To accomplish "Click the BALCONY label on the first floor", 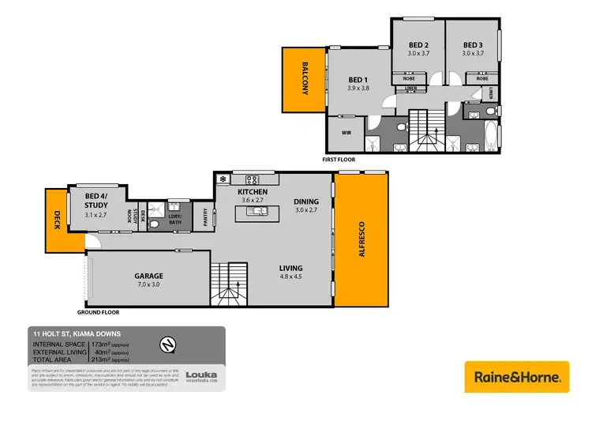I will (303, 80).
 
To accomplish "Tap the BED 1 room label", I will (358, 80).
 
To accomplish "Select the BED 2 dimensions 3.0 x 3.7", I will (419, 53).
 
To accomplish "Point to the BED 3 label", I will (472, 44).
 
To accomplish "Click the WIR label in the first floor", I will (346, 133).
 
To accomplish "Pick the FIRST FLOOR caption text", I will (339, 159).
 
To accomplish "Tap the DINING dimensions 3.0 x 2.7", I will (306, 210).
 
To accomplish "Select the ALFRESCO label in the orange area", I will (362, 241).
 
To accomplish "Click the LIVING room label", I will (290, 268).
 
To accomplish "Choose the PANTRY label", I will (204, 217).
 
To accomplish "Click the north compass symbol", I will (167, 345).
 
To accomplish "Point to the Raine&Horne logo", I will (516, 376).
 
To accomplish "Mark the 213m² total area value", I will (101, 360).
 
